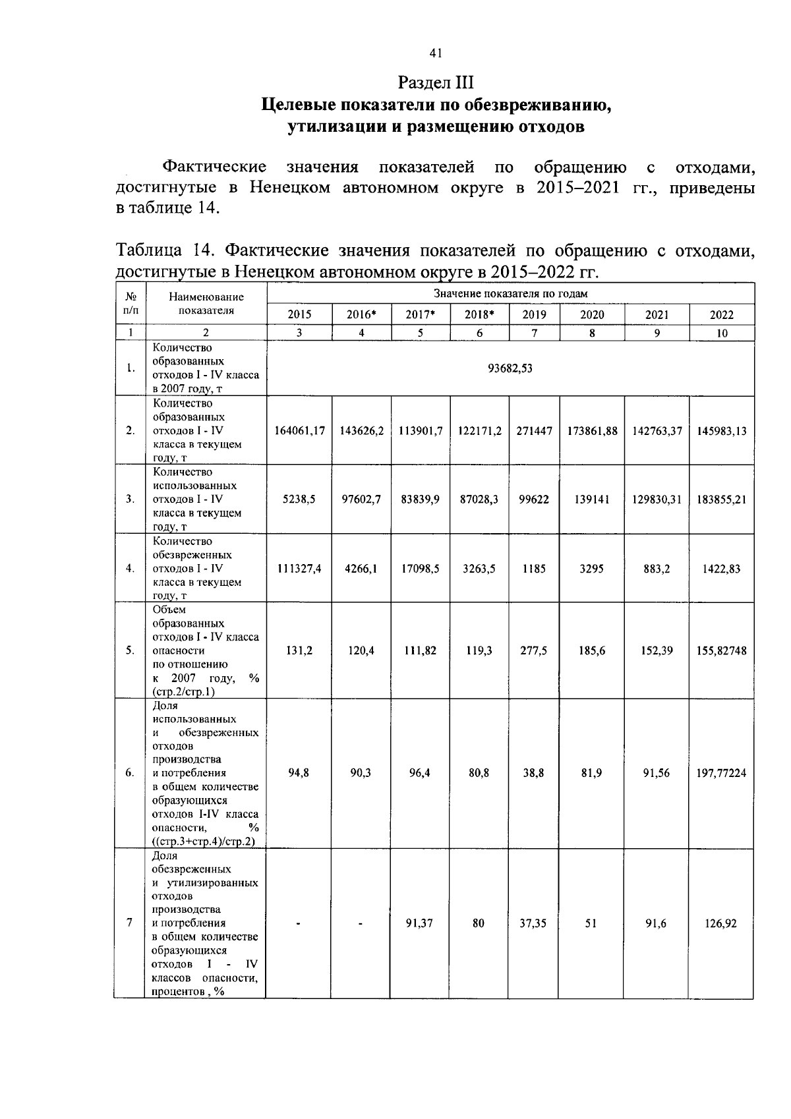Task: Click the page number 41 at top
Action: (435, 53)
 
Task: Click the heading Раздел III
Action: (436, 82)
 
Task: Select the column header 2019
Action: (534, 315)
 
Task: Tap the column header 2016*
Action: (361, 315)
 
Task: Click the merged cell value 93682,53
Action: (510, 368)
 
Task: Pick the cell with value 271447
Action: (534, 431)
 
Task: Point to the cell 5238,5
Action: (299, 500)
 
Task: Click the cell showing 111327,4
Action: (299, 569)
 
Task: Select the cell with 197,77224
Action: (721, 773)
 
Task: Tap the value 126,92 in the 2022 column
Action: (721, 923)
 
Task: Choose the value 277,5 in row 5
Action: (534, 650)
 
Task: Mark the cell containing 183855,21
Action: (721, 500)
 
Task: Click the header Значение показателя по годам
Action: (510, 293)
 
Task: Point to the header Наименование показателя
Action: (206, 304)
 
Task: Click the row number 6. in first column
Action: (130, 773)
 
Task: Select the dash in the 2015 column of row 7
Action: (299, 924)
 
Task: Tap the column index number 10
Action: (722, 333)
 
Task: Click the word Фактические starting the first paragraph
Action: (214, 167)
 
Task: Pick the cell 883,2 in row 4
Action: (657, 569)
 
